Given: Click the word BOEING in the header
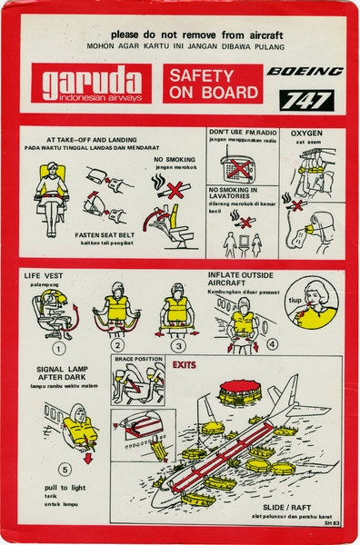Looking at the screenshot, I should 305,71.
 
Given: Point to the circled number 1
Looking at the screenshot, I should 59,347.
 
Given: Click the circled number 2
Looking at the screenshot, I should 117,345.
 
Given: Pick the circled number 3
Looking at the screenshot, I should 179,345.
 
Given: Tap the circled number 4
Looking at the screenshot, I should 273,344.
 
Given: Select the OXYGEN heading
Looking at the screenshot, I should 306,134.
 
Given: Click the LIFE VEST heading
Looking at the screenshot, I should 45,273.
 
